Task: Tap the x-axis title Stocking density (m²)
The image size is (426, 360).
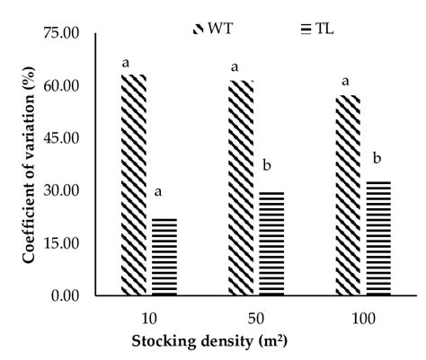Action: click(x=222, y=341)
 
